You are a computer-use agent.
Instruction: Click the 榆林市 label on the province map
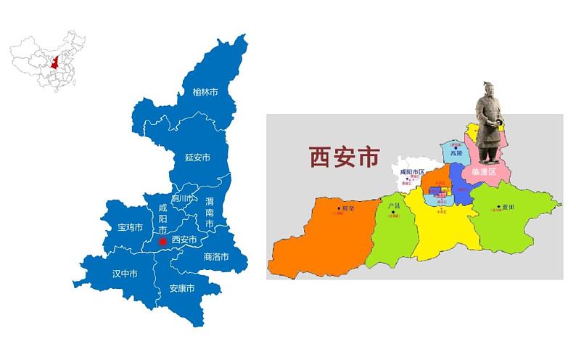tap(205, 92)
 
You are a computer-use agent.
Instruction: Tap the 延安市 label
tap(197, 157)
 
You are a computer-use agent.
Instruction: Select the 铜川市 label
tap(183, 198)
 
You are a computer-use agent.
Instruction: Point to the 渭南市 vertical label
tap(210, 213)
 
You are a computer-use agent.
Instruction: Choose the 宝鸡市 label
tap(131, 227)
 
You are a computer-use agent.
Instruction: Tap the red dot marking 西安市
tap(163, 241)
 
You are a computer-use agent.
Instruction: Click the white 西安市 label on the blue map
tap(184, 240)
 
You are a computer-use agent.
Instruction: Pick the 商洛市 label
tap(216, 257)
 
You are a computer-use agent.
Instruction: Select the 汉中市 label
tap(126, 274)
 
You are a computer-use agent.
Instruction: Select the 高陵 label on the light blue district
tap(456, 154)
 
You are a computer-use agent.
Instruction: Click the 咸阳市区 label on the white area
tap(411, 171)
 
